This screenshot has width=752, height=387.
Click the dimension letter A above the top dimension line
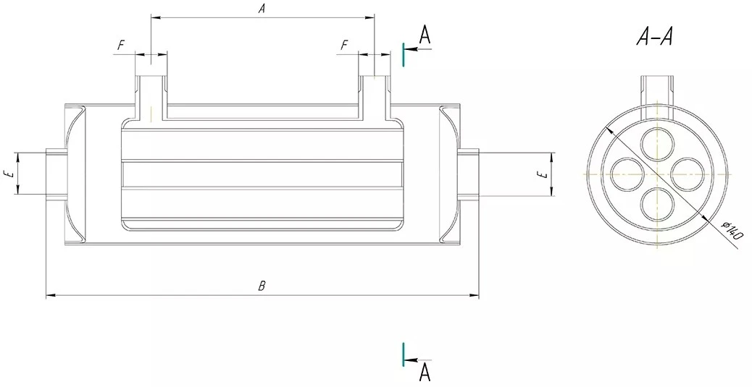pos(262,9)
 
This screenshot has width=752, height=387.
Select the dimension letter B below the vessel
pos(262,286)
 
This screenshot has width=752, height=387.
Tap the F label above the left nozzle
pos(121,46)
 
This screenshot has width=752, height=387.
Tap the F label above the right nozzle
pos(344,46)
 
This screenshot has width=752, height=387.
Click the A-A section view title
pos(655,36)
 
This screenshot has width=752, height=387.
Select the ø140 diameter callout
pos(732,230)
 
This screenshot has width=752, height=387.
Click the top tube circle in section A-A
pos(658,144)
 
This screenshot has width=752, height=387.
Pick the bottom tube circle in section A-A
pos(658,203)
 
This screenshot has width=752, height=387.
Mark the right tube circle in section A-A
pos(686,174)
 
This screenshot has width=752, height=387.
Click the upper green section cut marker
pos(404,54)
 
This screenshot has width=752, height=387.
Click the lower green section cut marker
pos(404,354)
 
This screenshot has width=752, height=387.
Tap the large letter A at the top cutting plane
pos(425,35)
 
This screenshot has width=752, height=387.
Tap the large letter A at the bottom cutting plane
pos(425,373)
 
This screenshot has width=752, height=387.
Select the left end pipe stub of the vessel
pos(55,174)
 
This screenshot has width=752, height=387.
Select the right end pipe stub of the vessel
pos(469,174)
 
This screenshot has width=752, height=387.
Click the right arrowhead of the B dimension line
pos(475,296)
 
